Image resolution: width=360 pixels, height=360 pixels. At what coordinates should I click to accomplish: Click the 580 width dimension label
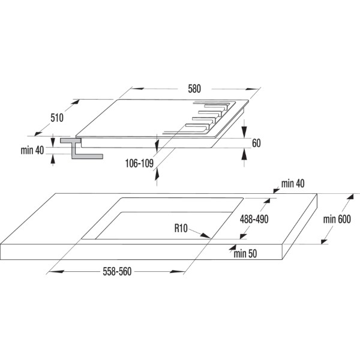(194, 89)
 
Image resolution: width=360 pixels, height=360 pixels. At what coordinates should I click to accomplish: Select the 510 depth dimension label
(57, 118)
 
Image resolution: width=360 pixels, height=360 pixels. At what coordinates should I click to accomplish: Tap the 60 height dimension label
(256, 143)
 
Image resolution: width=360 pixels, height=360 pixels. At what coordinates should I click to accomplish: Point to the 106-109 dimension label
(139, 163)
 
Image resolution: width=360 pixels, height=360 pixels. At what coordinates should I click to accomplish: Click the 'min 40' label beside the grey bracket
(32, 151)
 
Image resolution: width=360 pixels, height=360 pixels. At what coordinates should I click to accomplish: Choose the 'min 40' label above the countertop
(293, 184)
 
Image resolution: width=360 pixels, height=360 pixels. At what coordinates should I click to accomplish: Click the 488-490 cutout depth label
(254, 219)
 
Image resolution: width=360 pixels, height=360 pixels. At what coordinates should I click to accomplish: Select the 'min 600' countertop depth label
(337, 219)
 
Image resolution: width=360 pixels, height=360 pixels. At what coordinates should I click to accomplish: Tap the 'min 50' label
(245, 254)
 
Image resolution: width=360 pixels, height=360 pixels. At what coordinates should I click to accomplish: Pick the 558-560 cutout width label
(117, 272)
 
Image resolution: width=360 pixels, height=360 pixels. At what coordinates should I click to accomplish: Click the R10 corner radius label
(181, 229)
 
